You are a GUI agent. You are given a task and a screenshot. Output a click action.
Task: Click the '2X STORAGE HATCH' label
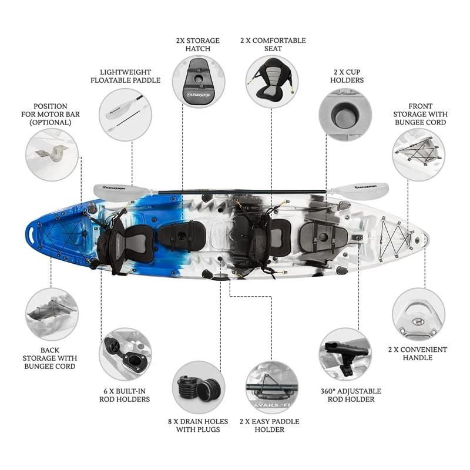[198, 45]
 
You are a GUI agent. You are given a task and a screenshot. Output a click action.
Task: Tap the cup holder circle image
[345, 115]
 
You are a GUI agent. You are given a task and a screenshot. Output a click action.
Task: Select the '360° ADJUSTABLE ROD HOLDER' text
[351, 395]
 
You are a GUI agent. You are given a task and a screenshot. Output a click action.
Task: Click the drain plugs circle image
[199, 387]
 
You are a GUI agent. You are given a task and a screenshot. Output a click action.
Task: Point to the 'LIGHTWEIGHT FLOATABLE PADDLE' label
[126, 76]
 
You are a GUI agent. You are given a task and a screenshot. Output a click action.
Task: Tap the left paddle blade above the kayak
[120, 192]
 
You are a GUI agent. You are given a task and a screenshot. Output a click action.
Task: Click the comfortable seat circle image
[272, 82]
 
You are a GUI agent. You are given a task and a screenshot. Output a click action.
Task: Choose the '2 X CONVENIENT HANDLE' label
[418, 354]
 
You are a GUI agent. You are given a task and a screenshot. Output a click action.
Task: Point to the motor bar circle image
[52, 155]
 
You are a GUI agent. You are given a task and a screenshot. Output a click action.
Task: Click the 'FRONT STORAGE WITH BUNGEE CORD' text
[420, 114]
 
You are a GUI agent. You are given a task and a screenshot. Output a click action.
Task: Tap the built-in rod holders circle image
[125, 354]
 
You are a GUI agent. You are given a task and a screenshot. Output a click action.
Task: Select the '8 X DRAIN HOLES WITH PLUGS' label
[198, 425]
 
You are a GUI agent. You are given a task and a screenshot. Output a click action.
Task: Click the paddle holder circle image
[272, 387]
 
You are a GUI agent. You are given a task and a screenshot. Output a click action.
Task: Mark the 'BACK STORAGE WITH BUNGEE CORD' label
[50, 358]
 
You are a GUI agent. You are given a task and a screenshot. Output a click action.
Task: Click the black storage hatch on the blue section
[182, 236]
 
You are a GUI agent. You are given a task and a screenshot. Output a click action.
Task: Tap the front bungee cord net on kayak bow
[395, 239]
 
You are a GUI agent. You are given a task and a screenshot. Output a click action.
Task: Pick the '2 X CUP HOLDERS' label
[347, 76]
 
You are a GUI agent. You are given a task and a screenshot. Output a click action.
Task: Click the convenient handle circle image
[418, 314]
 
